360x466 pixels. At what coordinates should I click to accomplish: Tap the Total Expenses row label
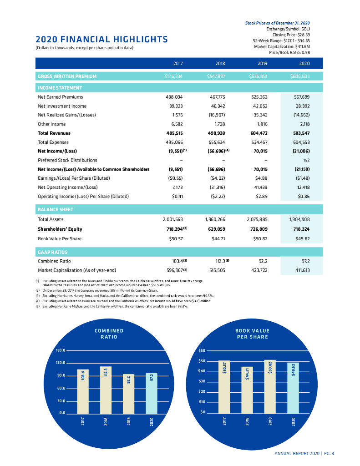(53, 142)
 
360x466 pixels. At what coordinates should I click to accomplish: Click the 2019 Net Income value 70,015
(261, 151)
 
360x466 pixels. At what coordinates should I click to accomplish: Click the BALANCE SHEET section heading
(55, 210)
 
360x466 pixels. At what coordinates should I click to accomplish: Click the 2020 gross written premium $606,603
(300, 76)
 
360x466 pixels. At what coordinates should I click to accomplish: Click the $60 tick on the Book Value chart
(203, 350)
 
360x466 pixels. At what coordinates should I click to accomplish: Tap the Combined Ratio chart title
(109, 334)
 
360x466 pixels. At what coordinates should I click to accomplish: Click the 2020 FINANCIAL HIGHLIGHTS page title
(101, 39)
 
